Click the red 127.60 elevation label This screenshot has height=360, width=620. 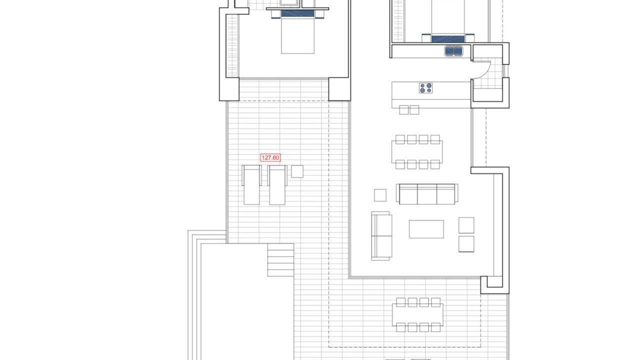pos(270,157)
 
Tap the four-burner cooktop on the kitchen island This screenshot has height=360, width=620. pos(425,88)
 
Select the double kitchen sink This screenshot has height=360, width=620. pos(453,51)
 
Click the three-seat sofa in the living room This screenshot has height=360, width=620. pos(427,194)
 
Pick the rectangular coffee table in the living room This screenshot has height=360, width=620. pos(426,229)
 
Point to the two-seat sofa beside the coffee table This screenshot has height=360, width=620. pos(381,236)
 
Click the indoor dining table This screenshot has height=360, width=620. pos(417,152)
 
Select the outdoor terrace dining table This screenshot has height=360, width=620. pos(417,315)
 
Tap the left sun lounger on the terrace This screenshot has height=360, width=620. pos(251,185)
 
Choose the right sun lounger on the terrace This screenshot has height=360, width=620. pos(277,185)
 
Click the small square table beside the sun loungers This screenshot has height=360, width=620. pos(297,171)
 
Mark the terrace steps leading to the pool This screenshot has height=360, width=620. pos(280,260)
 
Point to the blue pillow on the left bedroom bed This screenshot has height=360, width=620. pos(297,13)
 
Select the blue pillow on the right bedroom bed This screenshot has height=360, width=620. pos(448,39)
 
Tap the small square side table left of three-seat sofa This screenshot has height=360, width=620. pos(380,195)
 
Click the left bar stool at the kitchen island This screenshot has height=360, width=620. pos(404,110)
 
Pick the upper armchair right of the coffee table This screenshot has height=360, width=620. pos(466,225)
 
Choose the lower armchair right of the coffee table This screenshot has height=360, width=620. pos(466,244)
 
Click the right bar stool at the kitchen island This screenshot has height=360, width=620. pos(414,110)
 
